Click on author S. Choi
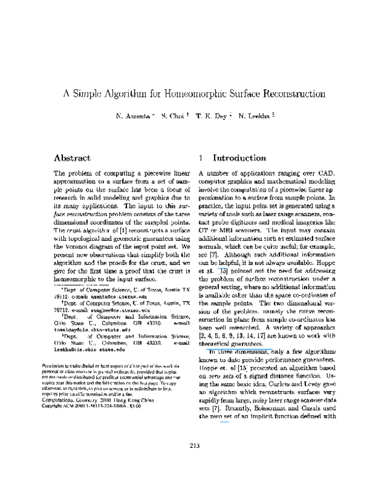[x=171, y=116]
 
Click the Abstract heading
[x=72, y=158]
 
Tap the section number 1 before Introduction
[x=201, y=158]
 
